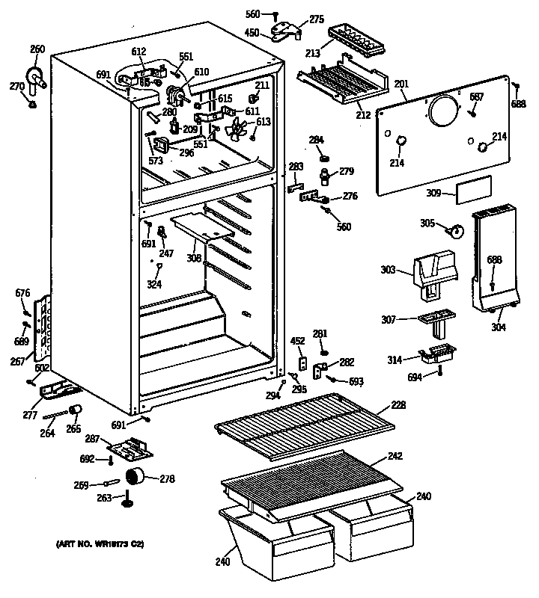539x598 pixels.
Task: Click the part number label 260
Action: pos(37,49)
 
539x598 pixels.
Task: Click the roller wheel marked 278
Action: pos(135,476)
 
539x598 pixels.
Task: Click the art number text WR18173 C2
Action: pos(99,543)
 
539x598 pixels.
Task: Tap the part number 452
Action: pos(297,341)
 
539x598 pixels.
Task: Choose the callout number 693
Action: pos(356,382)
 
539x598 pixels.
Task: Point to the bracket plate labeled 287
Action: pos(134,447)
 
